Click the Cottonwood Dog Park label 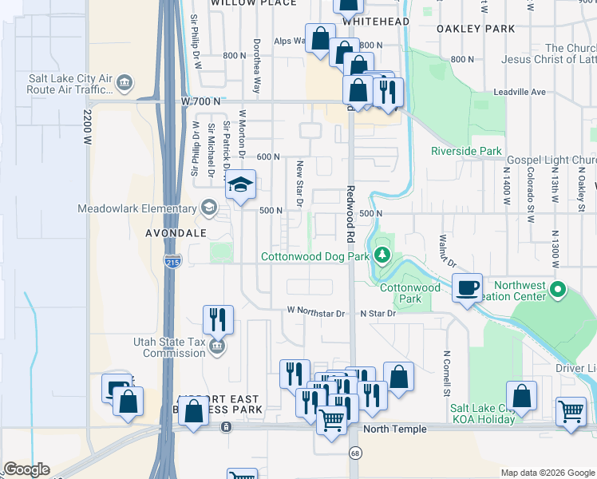(x=315, y=256)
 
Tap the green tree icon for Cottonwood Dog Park (x=383, y=255)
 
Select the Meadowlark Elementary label (x=136, y=209)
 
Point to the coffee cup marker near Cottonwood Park (x=467, y=287)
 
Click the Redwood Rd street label (x=350, y=214)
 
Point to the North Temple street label (x=394, y=430)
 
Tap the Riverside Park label (x=466, y=151)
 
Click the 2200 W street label (x=86, y=127)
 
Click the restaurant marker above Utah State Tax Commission (x=218, y=319)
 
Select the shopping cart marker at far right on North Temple (x=571, y=413)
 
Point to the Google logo (x=26, y=469)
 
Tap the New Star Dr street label (x=300, y=184)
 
